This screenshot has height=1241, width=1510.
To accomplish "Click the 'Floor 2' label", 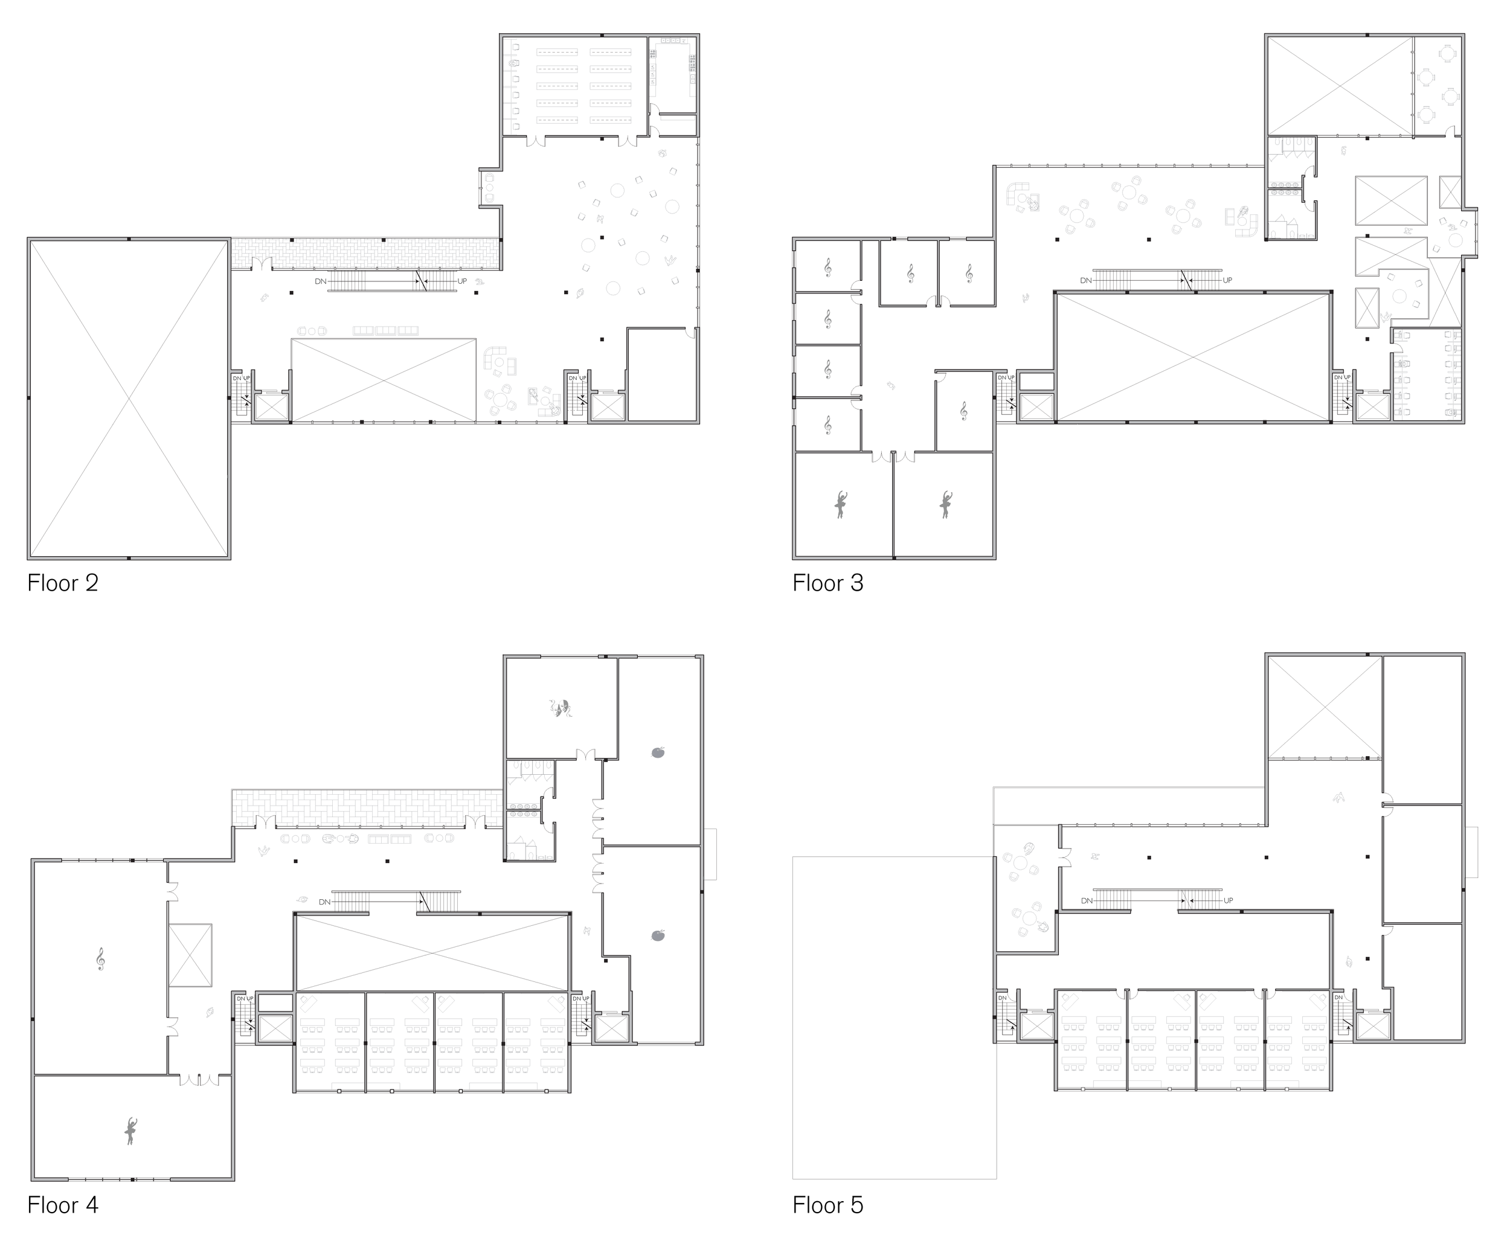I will click(63, 583).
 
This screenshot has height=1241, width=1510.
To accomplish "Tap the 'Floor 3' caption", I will click(828, 583).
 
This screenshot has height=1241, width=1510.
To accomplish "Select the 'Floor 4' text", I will click(63, 1205).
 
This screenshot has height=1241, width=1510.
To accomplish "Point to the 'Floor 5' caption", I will click(828, 1205).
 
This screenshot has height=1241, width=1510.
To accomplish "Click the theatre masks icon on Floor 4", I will click(561, 708).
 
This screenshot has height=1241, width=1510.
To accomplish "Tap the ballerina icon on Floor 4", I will click(130, 1131).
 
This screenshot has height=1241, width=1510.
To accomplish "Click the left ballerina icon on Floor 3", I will click(841, 504).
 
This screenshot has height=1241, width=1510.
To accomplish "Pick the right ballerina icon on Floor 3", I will click(945, 504).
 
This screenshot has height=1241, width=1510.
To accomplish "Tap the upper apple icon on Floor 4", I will click(658, 752).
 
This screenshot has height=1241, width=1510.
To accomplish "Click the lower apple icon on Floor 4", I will click(658, 935).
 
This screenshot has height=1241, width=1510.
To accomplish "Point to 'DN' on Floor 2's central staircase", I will click(320, 281).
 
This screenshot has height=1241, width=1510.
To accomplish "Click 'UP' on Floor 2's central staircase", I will click(462, 281).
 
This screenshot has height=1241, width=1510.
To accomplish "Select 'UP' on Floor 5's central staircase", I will click(1227, 901).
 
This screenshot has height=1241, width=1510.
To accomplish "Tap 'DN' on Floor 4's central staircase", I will click(324, 902).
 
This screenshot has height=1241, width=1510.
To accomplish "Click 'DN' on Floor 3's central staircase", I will click(1086, 280).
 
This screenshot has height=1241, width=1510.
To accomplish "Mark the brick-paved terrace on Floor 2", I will click(365, 254).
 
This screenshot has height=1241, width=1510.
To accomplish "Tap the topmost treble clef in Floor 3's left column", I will click(828, 268).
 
